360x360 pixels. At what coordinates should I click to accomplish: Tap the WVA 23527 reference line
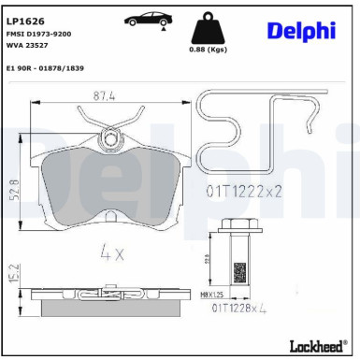(x=27, y=44)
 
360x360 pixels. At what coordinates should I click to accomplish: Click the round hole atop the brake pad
(x=113, y=140)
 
